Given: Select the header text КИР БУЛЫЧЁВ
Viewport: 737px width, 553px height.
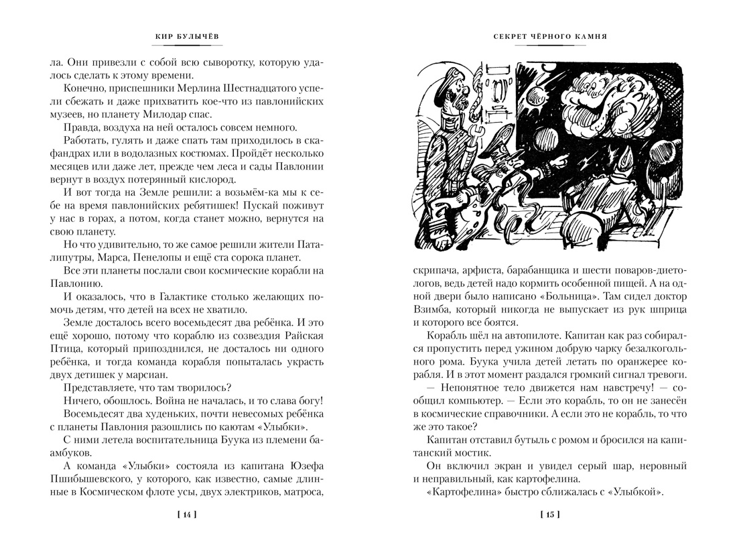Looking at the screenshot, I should tap(187, 37).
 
